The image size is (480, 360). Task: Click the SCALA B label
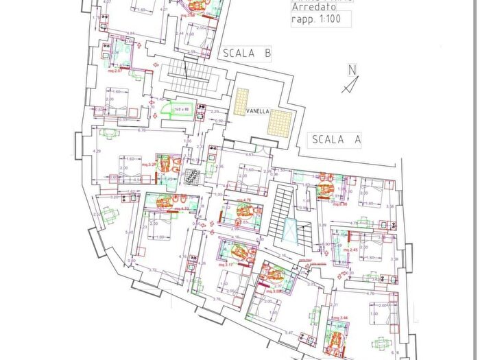click(x=245, y=53)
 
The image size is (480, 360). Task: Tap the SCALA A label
click(x=336, y=139)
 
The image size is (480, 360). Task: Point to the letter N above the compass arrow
click(x=352, y=69)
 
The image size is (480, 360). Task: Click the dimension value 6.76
click(x=142, y=130)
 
